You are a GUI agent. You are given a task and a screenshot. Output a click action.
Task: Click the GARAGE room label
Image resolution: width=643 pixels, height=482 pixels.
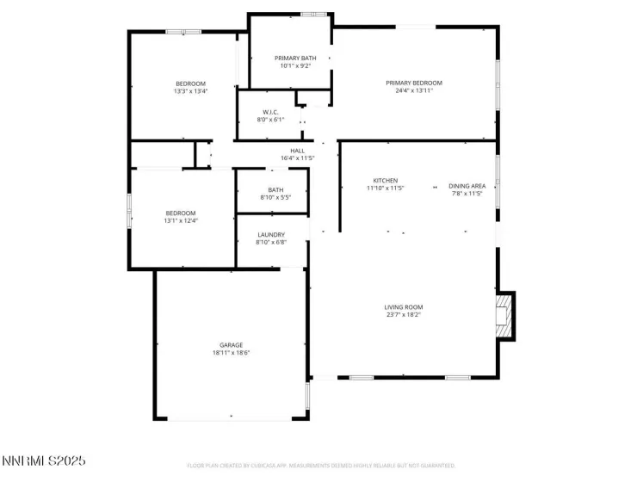(x=231, y=344)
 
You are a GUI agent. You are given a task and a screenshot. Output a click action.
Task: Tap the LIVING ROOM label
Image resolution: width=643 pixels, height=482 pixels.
(x=403, y=306)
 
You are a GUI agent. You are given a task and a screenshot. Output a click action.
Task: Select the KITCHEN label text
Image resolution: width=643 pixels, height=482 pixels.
(x=385, y=180)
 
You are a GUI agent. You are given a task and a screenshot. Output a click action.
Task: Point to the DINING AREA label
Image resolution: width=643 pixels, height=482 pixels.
(x=467, y=186)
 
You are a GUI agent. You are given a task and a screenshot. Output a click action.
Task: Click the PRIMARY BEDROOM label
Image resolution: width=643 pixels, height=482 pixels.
(x=419, y=83)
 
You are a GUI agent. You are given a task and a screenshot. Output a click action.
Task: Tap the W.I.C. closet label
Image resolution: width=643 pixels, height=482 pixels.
(x=269, y=112)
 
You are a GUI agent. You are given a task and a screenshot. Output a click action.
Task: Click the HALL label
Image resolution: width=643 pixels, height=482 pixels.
(x=298, y=151)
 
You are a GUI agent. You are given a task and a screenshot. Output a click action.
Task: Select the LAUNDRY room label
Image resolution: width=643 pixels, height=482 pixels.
(x=270, y=234)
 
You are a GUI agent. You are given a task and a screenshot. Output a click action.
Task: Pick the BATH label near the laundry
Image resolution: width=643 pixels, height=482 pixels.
(x=275, y=190)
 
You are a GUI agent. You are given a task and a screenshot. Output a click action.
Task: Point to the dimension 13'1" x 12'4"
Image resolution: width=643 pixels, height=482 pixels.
(x=181, y=220)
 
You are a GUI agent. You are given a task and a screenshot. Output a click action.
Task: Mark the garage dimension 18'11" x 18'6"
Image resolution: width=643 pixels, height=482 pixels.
(x=231, y=352)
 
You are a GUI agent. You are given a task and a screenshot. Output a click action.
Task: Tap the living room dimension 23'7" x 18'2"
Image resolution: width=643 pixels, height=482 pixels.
(x=403, y=314)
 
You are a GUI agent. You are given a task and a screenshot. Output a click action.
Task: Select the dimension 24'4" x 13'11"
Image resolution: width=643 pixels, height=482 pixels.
(x=419, y=90)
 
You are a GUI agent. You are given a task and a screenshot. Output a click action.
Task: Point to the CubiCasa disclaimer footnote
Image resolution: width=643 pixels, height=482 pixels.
(x=321, y=466)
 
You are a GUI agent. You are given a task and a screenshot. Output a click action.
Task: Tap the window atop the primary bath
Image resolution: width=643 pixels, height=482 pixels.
(x=313, y=14)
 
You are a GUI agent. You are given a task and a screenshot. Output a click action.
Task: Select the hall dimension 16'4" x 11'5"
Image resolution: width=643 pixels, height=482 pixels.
(x=298, y=158)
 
